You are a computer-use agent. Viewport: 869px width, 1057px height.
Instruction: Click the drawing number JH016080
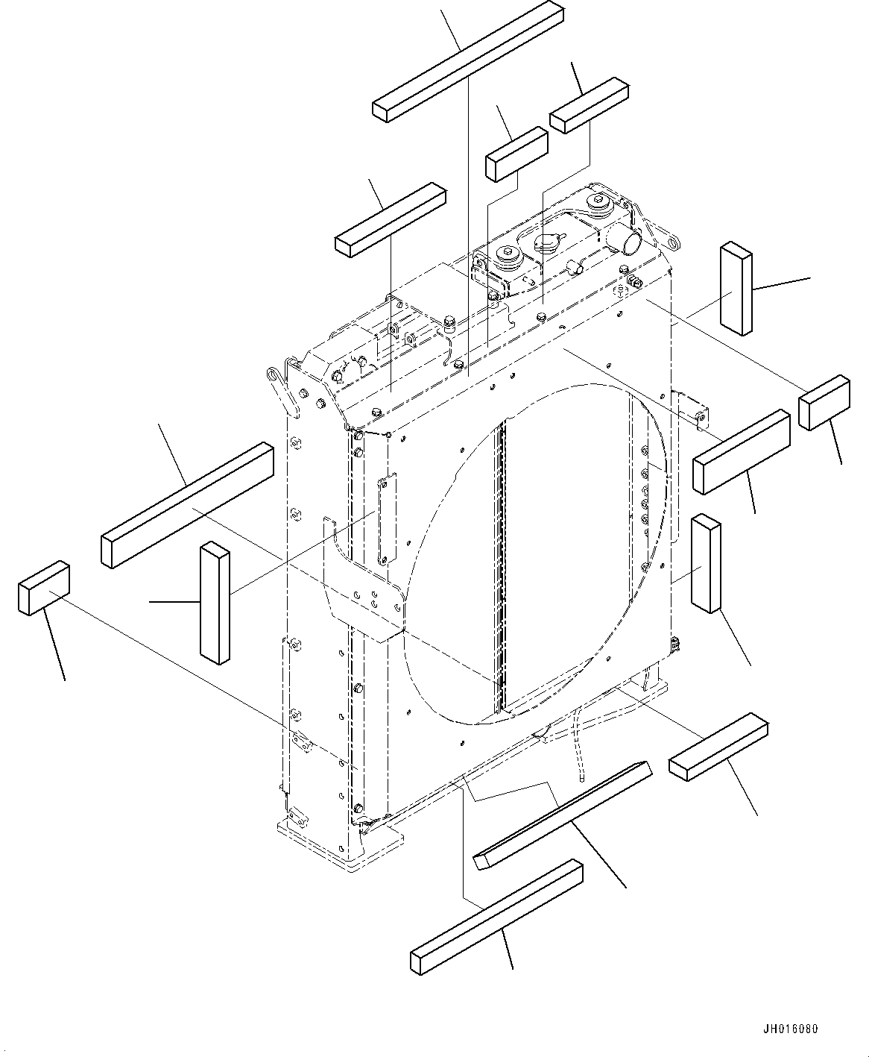(x=790, y=1029)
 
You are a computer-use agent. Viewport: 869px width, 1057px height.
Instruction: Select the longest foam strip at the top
(x=468, y=61)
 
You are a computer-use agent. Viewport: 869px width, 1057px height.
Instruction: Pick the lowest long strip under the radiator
(x=496, y=916)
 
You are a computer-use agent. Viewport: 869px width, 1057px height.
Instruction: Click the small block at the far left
(x=44, y=589)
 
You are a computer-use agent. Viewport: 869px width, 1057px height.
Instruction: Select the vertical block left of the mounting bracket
(x=215, y=603)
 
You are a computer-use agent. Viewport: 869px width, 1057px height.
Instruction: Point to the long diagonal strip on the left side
(x=186, y=505)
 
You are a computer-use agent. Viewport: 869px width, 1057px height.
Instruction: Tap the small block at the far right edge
(x=824, y=403)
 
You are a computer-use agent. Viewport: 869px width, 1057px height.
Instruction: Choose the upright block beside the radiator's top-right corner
(x=736, y=289)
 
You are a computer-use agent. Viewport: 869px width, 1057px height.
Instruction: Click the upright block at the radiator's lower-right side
(x=705, y=563)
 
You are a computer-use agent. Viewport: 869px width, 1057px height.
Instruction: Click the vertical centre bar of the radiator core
(x=502, y=567)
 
